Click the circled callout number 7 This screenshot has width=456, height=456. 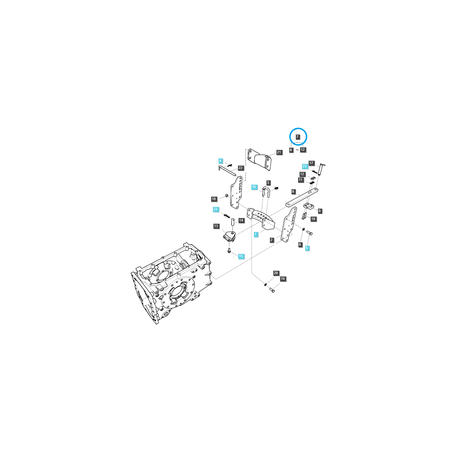coord(297,137)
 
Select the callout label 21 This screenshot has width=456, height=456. coord(279,152)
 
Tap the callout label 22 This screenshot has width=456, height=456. coord(241,168)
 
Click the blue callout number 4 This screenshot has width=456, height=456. coord(220,161)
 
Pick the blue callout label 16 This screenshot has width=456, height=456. coord(254,187)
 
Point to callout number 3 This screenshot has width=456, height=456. coord(268,183)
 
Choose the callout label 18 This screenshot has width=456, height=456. coord(214,199)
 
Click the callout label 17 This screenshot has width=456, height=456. coord(311,163)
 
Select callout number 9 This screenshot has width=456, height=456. coord(320,211)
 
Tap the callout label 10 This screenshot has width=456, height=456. coord(313,219)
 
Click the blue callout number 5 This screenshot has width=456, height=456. coord(307,248)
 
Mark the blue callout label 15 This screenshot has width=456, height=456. coord(241,256)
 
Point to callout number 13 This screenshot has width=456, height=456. coord(216,226)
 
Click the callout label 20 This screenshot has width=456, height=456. coord(276,273)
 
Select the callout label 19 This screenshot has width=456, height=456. coord(282,279)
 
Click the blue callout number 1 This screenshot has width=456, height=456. coord(256,234)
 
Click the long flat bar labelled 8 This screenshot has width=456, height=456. coord(302,198)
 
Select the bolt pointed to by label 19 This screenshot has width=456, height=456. coord(272,290)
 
